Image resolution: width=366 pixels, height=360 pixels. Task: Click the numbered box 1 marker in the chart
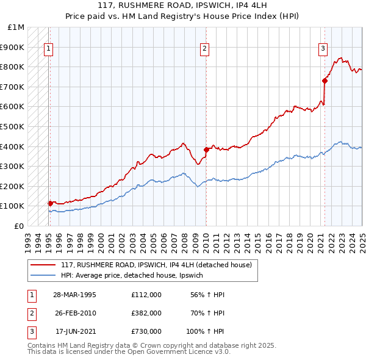[48, 49]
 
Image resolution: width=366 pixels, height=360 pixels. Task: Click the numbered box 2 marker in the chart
[205, 49]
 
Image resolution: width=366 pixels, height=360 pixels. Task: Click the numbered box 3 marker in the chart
[323, 49]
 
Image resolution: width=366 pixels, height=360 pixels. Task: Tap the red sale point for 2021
[325, 80]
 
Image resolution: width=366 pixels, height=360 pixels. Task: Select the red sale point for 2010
[206, 149]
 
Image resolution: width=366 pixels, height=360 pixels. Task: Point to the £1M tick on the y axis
[16, 27]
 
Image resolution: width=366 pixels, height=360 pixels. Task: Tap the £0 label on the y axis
[19, 226]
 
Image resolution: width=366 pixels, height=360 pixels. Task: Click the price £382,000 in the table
[146, 312]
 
